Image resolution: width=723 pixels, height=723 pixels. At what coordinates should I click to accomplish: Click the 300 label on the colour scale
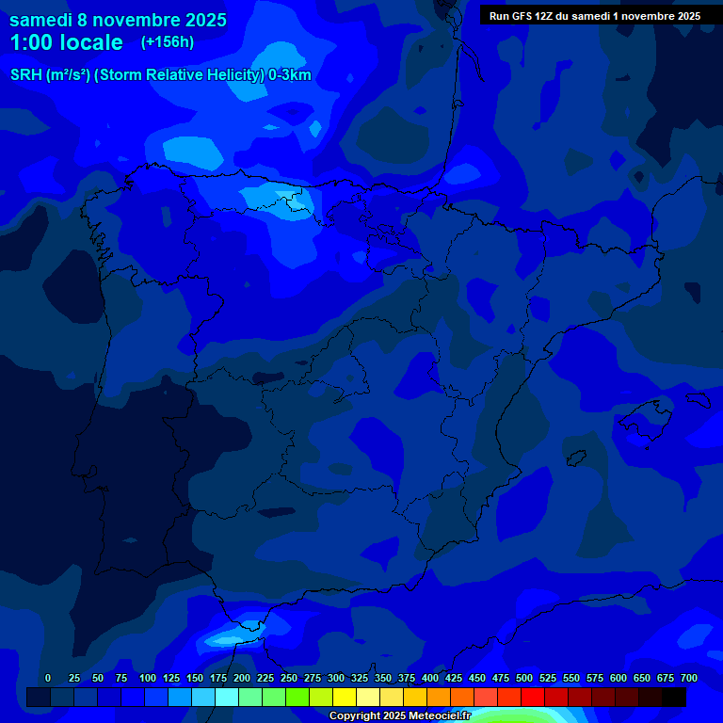point(336,679)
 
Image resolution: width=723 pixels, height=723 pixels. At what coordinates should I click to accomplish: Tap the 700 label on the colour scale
point(689,679)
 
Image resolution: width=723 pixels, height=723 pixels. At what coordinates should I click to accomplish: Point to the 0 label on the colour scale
point(48,679)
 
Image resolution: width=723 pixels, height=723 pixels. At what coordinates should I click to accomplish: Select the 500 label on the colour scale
point(524,679)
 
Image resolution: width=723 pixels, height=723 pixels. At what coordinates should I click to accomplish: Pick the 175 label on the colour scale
point(218,679)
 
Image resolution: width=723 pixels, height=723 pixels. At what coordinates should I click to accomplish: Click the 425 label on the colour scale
point(454,679)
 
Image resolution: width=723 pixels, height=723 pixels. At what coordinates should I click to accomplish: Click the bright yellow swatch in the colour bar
point(345,698)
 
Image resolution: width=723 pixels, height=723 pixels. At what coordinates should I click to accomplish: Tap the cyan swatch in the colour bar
point(227,698)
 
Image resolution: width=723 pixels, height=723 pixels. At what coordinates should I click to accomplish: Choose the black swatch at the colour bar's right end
point(674,698)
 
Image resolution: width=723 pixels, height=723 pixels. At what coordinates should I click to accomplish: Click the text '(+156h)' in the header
point(168,41)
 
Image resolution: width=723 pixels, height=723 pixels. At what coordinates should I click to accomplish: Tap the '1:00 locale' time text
point(66,42)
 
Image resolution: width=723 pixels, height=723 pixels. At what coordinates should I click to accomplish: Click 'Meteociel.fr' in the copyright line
point(440,716)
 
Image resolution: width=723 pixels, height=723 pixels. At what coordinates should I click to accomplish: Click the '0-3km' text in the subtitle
point(290,75)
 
